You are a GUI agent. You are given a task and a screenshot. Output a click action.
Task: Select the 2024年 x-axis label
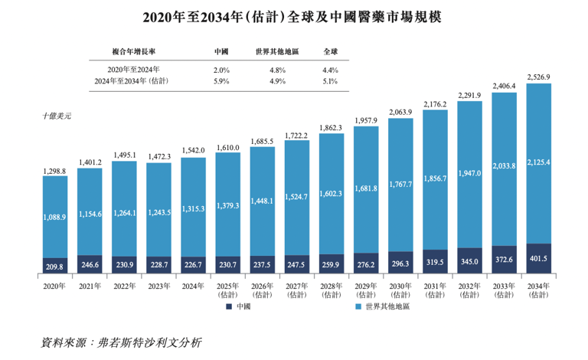click(x=192, y=286)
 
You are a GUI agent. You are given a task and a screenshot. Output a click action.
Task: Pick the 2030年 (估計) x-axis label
click(x=400, y=290)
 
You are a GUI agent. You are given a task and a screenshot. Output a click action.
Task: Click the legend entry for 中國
click(x=239, y=306)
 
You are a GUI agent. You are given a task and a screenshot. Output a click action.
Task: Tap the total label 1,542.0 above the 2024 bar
click(x=192, y=150)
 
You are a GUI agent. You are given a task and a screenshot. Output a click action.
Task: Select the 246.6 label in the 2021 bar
click(x=90, y=263)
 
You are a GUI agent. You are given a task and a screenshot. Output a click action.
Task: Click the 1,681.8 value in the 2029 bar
click(x=365, y=188)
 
